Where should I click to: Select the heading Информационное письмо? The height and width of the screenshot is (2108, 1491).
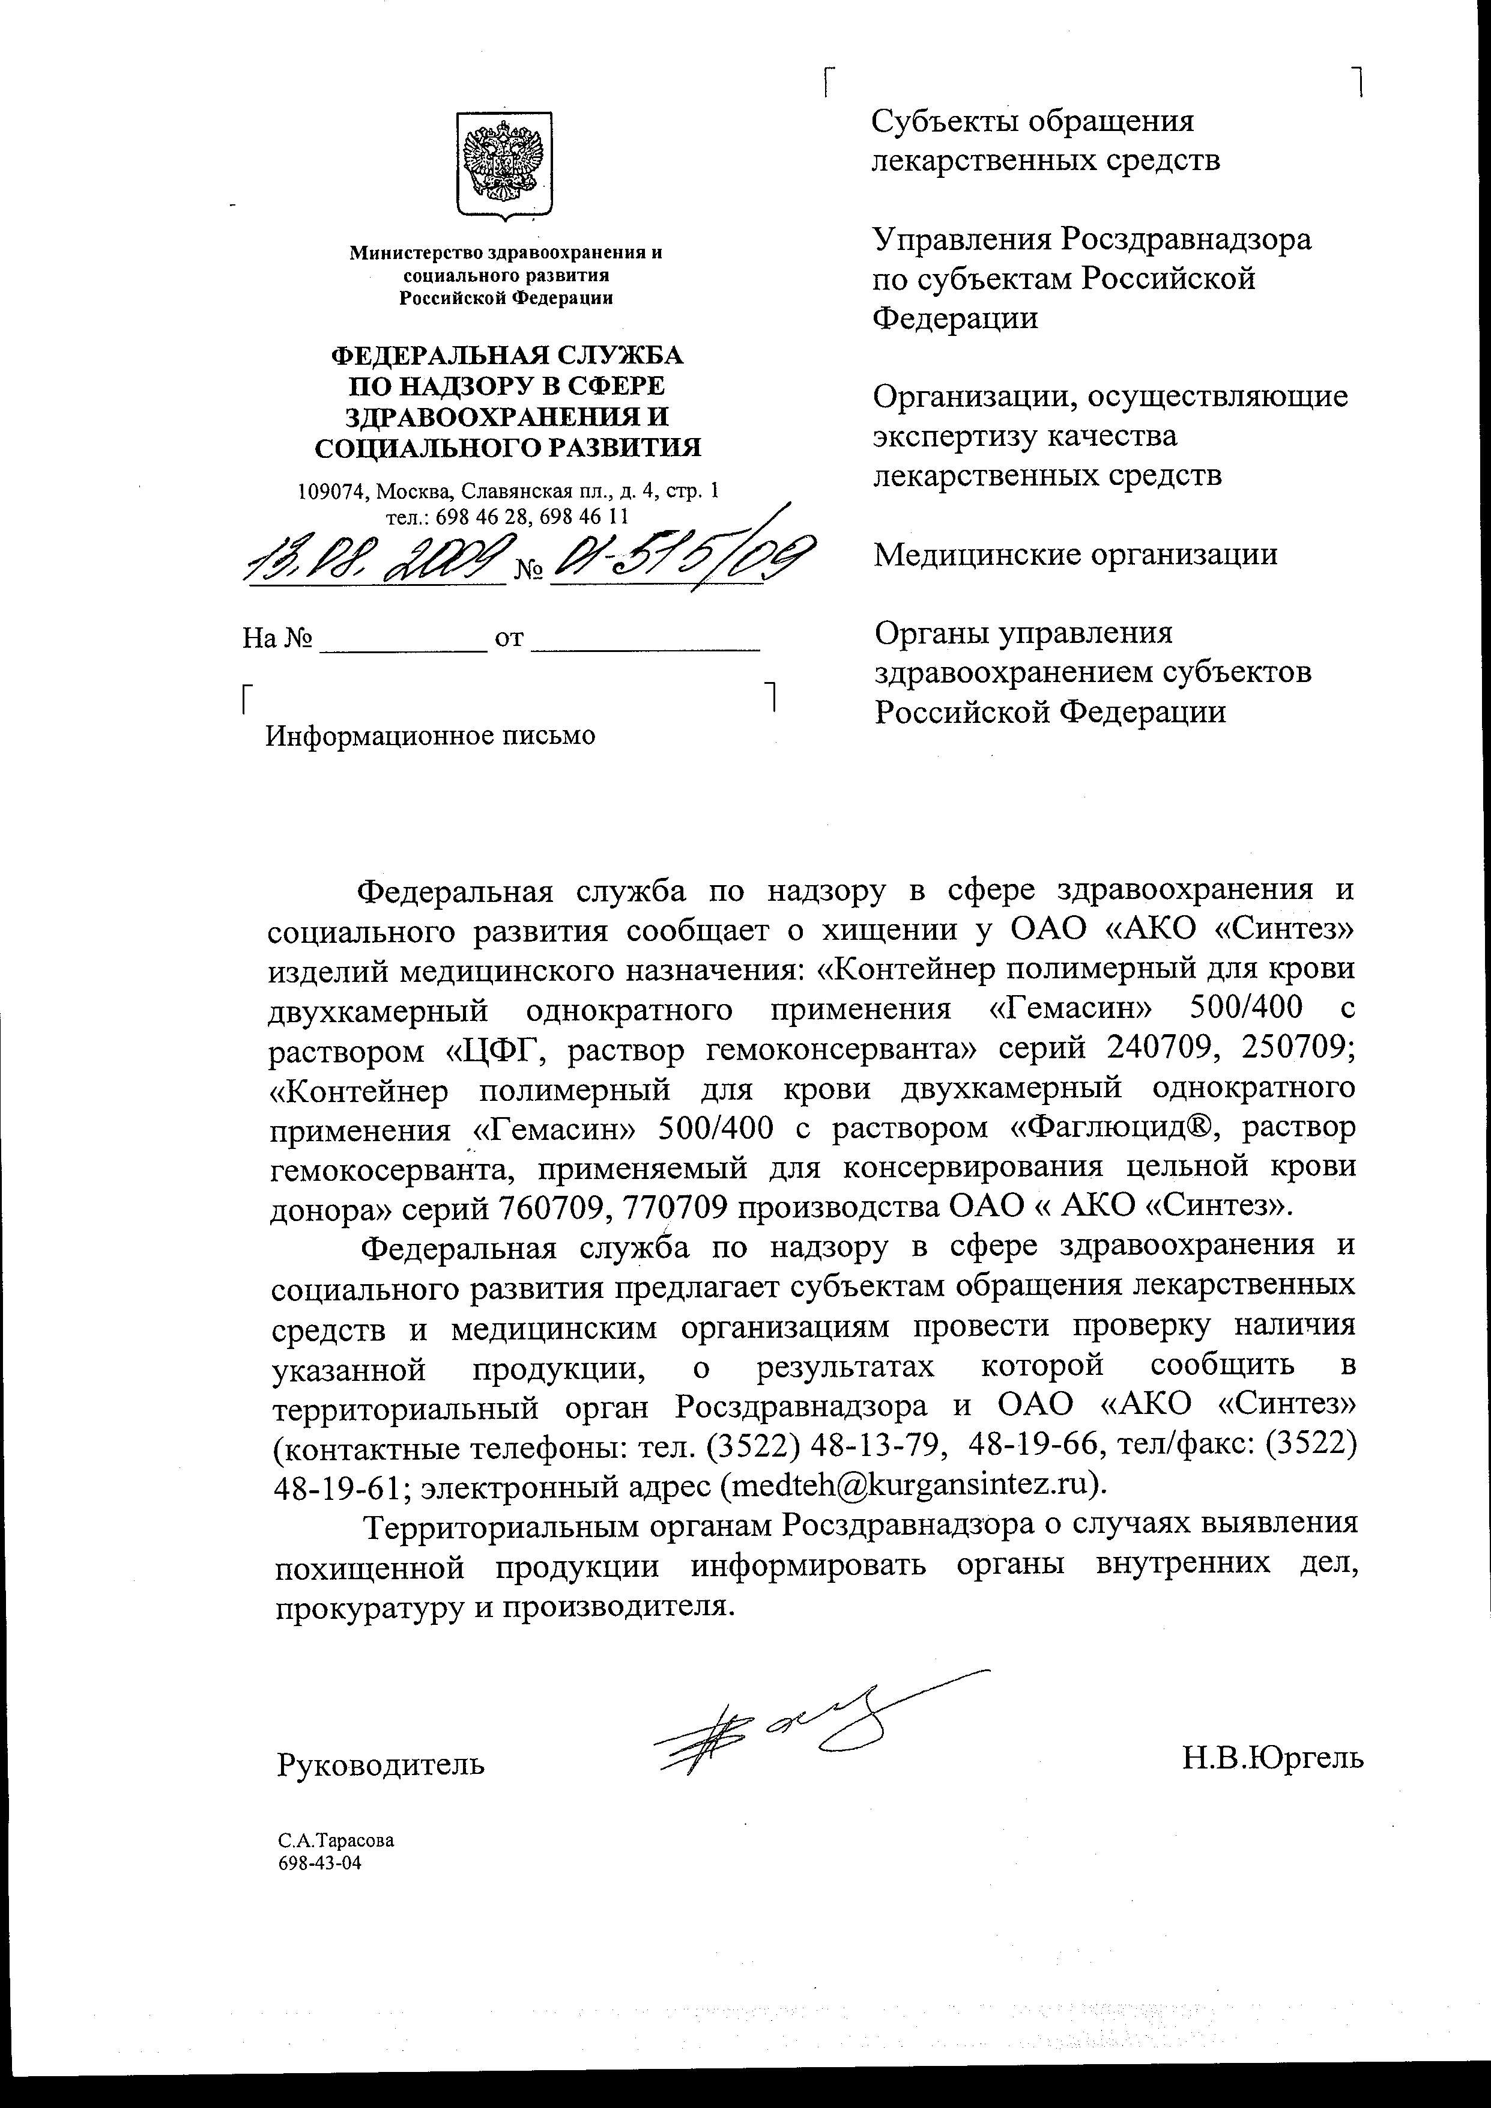(x=430, y=736)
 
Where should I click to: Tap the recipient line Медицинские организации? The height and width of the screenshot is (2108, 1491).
(x=1075, y=555)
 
